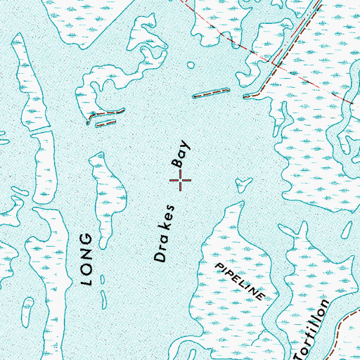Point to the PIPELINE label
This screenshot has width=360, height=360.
click(240, 279)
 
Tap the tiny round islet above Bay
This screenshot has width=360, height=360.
click(191, 67)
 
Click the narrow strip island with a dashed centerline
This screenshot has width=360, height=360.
click(211, 92)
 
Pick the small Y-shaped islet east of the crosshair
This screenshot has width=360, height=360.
click(244, 186)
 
